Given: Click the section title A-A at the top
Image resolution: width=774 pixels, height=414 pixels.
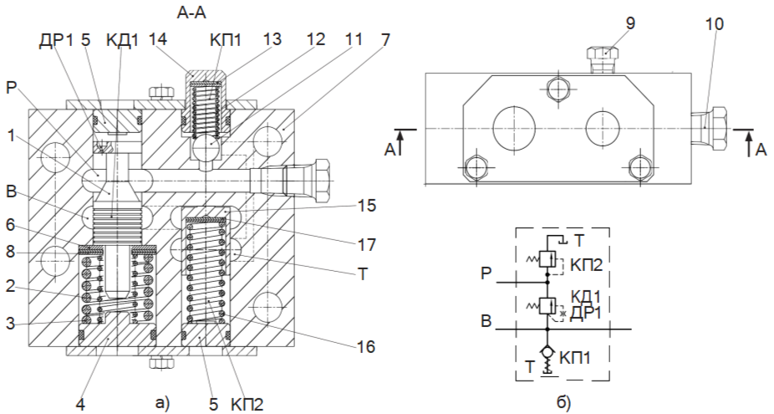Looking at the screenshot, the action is click(191, 13).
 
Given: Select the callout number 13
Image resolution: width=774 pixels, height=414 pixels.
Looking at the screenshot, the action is click(272, 39).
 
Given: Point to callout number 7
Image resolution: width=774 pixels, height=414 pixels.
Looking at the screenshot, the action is click(383, 39).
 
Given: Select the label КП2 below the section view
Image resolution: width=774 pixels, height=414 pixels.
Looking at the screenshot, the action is click(246, 405).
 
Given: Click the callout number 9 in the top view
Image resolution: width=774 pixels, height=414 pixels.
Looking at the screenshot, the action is click(630, 23).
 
